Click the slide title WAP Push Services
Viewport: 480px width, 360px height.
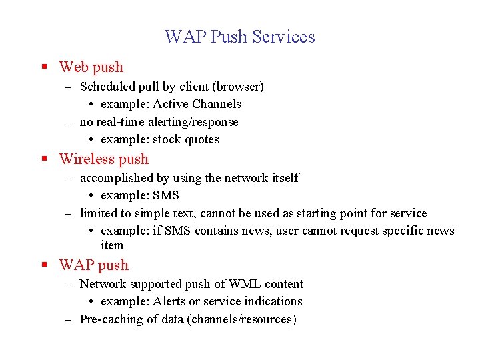240,36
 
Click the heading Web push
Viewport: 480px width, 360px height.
91,67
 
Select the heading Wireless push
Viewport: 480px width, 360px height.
103,159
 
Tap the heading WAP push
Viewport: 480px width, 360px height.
93,265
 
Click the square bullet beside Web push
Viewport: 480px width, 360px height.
44,67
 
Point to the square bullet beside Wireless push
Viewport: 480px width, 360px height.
44,159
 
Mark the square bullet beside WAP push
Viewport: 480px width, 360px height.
44,265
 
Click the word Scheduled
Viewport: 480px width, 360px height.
107,87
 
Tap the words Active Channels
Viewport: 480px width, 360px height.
197,104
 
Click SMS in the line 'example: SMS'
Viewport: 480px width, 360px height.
166,195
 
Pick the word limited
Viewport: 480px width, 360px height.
97,213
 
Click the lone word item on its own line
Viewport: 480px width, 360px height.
112,245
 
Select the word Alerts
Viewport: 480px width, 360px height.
169,301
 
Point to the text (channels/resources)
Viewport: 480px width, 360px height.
242,319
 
